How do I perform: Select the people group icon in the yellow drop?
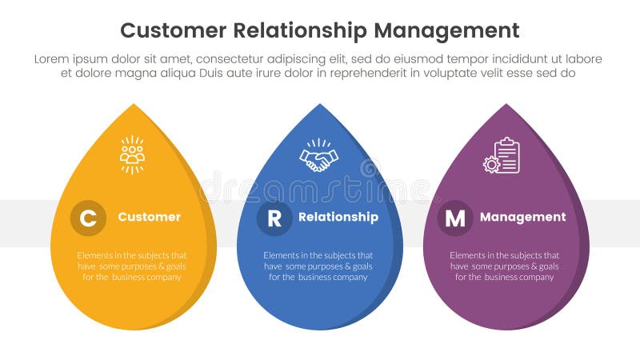coord(132,154)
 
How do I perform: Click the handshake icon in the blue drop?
coord(318,155)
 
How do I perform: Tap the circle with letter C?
coord(88,218)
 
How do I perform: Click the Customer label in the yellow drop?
coord(149,217)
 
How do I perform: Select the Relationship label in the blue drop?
coord(338,217)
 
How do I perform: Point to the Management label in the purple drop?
coord(522,217)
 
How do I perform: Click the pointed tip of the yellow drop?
coord(134,105)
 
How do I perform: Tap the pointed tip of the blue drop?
coord(320,105)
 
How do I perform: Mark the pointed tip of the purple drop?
coord(506,105)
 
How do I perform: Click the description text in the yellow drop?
coord(132,266)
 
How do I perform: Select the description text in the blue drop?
coord(318,266)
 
